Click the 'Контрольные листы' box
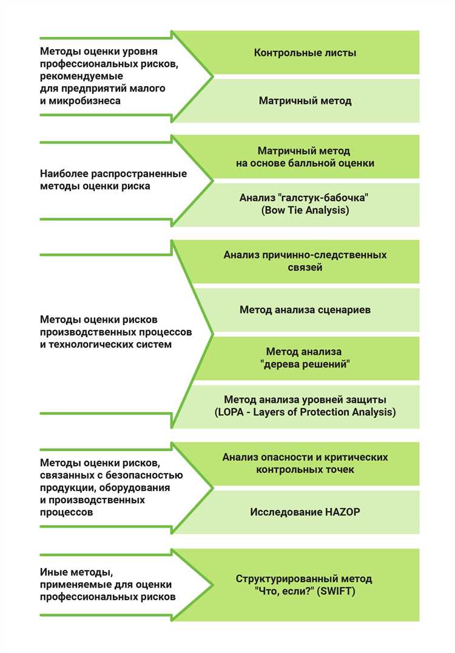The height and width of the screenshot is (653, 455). pos(305,53)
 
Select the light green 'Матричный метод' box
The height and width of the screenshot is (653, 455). pos(305,101)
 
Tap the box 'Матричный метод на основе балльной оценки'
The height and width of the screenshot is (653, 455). pos(305,157)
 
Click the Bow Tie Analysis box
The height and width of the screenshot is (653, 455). pos(305,204)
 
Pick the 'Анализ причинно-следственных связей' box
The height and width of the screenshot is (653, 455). pos(305,261)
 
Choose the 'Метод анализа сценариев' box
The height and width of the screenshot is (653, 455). pos(305,310)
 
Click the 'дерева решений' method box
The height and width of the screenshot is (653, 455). pos(305,358)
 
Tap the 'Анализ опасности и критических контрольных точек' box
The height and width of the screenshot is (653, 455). pos(305,463)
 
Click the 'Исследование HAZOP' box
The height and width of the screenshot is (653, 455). pos(305,512)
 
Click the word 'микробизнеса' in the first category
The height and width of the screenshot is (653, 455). pos(87,101)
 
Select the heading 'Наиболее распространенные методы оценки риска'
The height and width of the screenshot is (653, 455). pos(113,180)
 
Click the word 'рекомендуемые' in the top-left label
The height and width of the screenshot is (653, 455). pos(81,76)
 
